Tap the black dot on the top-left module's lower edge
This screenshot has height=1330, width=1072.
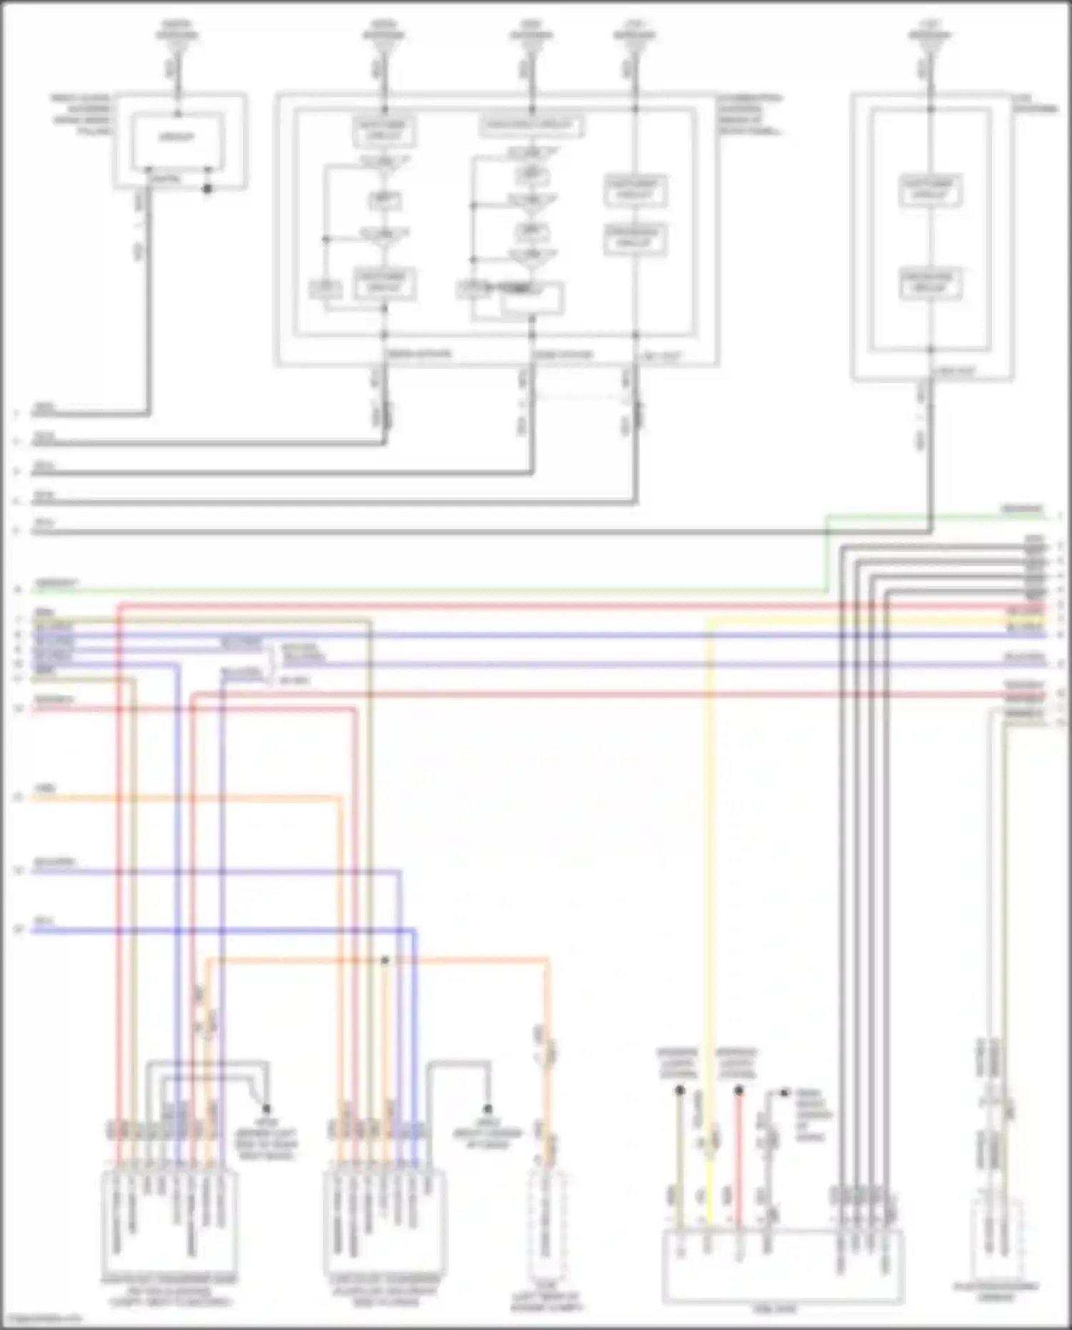(208, 189)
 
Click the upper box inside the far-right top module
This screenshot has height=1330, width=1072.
(929, 189)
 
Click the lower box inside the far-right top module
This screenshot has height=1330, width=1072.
(929, 283)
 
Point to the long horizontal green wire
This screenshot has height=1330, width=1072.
(429, 591)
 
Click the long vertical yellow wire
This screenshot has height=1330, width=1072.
(709, 858)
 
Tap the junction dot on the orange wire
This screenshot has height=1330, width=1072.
(385, 961)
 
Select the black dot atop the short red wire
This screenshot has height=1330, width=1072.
(739, 1091)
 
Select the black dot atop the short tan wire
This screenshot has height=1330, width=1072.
(680, 1091)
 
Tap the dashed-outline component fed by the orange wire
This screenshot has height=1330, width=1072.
(547, 1226)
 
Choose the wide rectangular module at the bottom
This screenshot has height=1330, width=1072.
(783, 1266)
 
